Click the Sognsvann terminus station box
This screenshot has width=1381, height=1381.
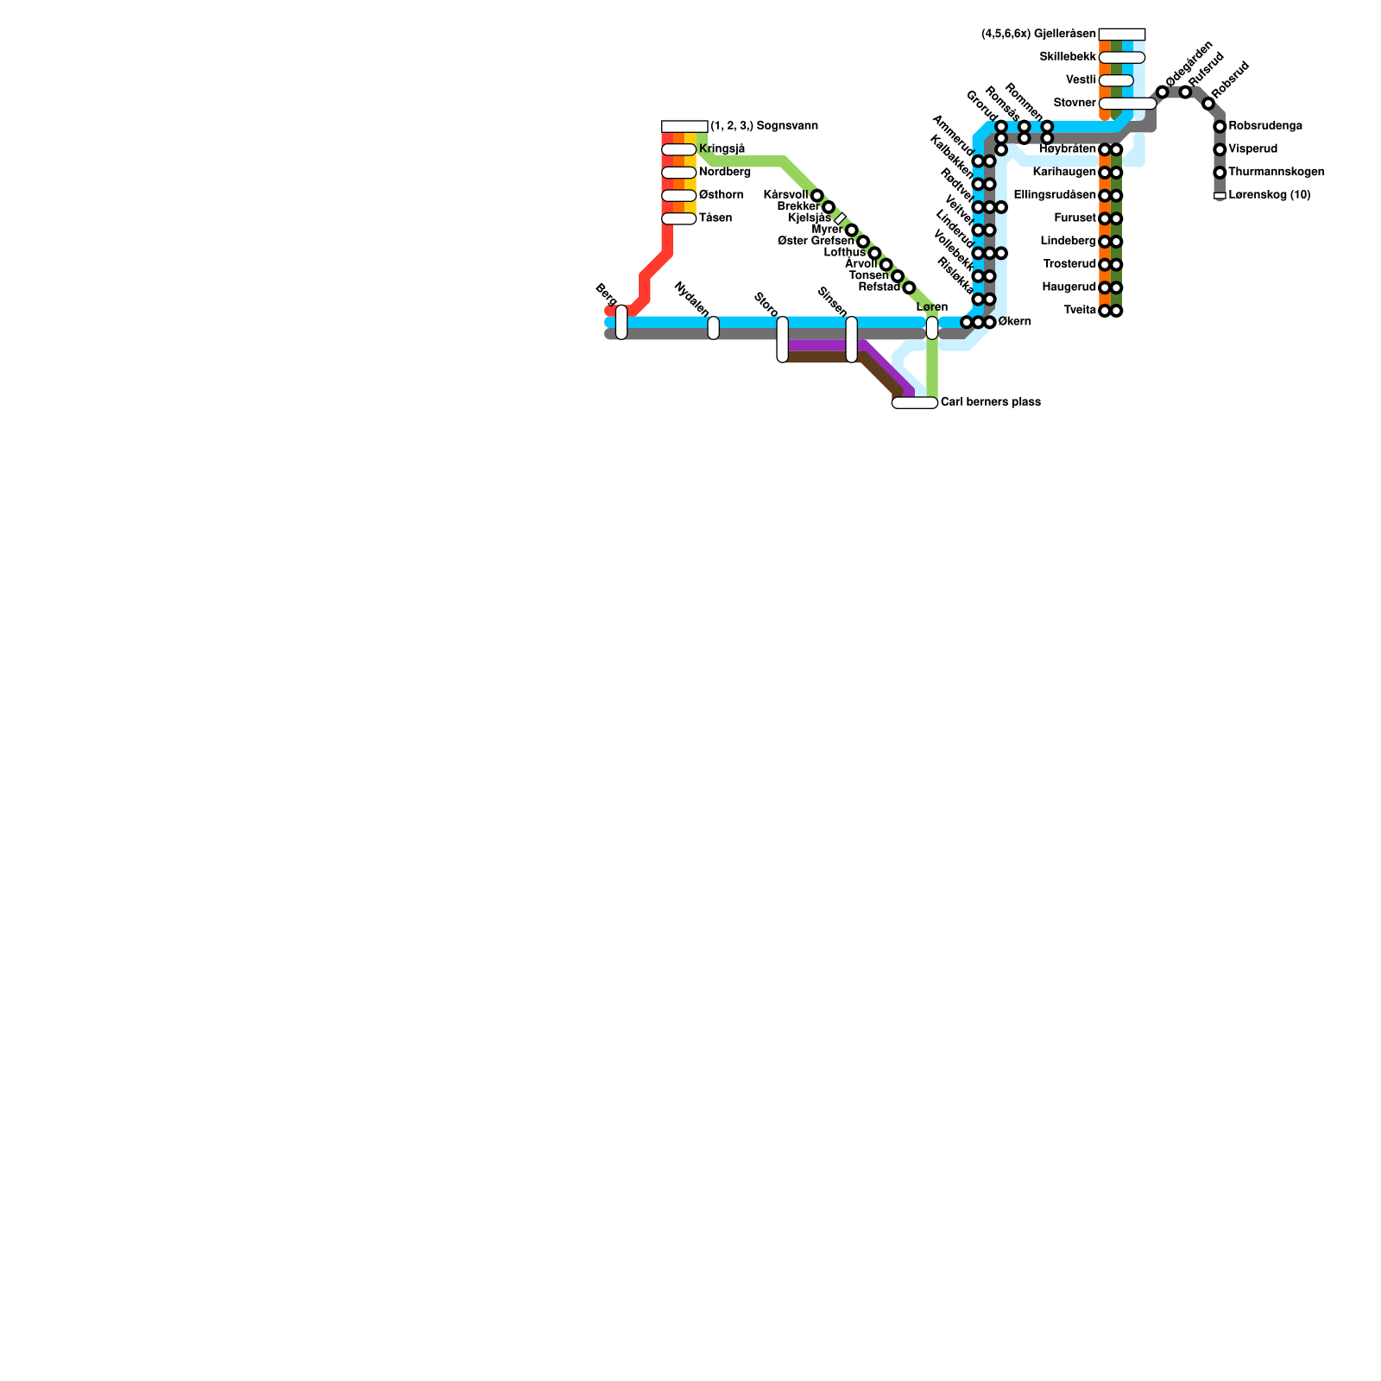(x=684, y=127)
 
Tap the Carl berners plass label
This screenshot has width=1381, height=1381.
(x=990, y=402)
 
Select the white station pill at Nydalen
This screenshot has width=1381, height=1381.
(x=713, y=328)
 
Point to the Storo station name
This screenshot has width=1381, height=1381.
(x=766, y=305)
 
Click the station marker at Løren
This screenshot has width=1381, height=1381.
(x=932, y=328)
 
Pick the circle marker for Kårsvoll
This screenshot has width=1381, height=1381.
(x=817, y=196)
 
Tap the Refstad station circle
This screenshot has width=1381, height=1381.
(x=909, y=287)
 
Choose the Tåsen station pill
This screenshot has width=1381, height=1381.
(x=679, y=218)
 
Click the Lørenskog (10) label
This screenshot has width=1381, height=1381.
(x=1269, y=195)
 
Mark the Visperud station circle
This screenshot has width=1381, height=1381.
(x=1220, y=150)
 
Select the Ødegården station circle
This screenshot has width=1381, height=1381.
(x=1163, y=92)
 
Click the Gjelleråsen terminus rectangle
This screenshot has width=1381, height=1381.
(x=1122, y=35)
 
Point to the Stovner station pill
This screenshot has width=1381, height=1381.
(x=1127, y=104)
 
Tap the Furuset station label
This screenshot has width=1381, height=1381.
(x=1075, y=218)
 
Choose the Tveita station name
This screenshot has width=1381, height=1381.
(x=1080, y=311)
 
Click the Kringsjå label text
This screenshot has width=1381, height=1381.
(x=722, y=149)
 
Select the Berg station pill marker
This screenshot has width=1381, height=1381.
(x=621, y=322)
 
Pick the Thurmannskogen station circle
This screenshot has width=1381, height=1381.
(x=1220, y=173)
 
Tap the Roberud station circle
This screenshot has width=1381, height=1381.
(x=1208, y=104)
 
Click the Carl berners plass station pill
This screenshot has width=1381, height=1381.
(x=915, y=402)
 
